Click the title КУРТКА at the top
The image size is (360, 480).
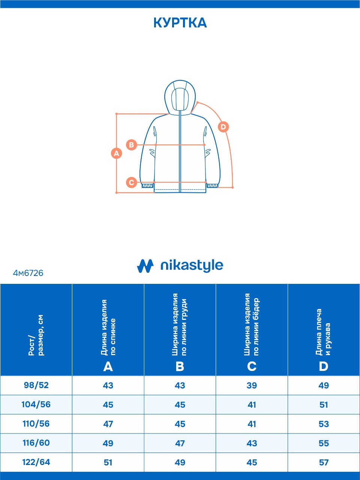pos(180,23)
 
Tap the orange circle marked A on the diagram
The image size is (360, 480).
pos(116,153)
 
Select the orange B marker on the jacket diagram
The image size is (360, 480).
pos(131,145)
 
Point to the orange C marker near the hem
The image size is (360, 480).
pos(131,182)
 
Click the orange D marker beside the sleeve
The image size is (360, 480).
pos(223,127)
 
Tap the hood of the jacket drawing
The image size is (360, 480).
pos(180,97)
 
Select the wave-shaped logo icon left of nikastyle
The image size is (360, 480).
pos(145,266)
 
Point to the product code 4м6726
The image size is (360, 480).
pos(28,273)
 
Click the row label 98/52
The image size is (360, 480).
pos(36,385)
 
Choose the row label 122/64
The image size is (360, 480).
pos(36,462)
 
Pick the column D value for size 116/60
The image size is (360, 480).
pos(324,443)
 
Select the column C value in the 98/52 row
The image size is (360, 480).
pos(252,385)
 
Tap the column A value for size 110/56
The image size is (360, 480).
pos(108,424)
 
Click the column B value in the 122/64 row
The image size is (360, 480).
pos(180,462)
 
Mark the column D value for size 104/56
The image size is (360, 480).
pos(324,405)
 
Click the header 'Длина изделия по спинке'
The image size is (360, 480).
pos(108,327)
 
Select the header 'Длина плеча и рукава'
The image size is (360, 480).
pos(323,332)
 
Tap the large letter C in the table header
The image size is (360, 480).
pos(252,366)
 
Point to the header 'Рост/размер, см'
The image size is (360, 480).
pos(36,335)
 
